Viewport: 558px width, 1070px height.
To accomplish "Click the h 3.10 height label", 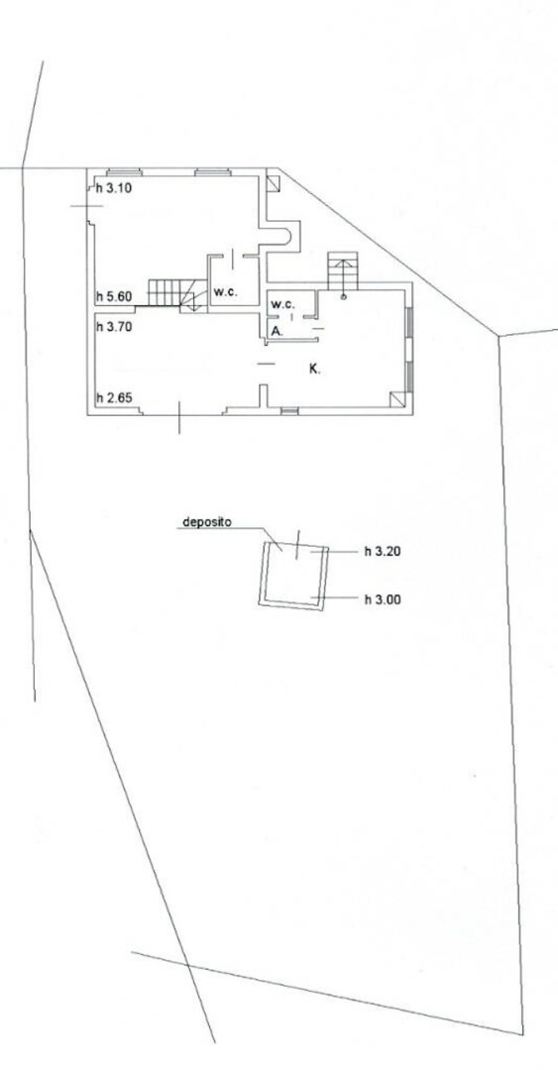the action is coord(113,188).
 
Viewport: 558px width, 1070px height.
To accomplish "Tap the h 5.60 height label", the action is coord(113,297).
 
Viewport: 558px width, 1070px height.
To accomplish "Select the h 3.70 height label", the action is coord(113,326).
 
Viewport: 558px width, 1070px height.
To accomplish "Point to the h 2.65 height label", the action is coord(113,398).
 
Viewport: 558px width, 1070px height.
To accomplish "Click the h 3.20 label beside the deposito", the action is coord(383,552).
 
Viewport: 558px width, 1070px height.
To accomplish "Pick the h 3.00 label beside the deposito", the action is coord(383,599).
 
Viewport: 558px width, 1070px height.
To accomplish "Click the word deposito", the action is coord(207,523).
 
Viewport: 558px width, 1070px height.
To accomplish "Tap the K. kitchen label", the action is coord(315,370).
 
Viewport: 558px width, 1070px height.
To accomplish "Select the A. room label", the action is coord(277,330).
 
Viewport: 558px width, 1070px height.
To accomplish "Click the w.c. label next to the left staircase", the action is coord(225,292).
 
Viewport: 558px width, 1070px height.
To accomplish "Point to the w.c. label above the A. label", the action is coord(282,304).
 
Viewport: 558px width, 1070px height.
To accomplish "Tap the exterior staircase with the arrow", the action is coord(342,270).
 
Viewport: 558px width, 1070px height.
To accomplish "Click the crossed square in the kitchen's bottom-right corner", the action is coord(397,400).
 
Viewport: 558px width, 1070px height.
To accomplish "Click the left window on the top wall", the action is coord(124,172).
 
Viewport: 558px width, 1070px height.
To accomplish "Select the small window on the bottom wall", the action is coord(289,411).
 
